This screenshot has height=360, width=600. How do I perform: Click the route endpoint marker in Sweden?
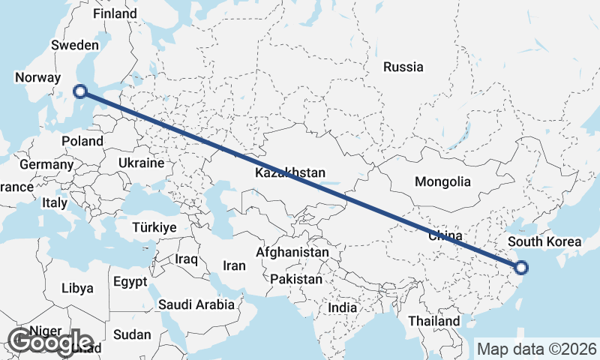pos(80,91)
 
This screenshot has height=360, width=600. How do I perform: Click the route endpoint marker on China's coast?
pos(521,267)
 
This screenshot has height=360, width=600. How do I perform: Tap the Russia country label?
pos(403,67)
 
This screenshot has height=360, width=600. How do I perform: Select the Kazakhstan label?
pos(290,173)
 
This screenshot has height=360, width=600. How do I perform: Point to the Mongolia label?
pos(442,181)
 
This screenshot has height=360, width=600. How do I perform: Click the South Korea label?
pos(544,241)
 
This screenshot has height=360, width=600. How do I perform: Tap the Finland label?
pos(114,13)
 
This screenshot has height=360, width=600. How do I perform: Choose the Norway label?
pos(37,77)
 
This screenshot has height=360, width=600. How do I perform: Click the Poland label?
pos(82,141)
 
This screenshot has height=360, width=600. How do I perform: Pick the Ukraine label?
pos(141,163)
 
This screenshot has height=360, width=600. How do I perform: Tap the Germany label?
pos(46,164)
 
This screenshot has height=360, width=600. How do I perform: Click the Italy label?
pos(54,202)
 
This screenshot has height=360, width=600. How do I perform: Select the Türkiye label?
pos(154,227)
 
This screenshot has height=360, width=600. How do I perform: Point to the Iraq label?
pos(186,259)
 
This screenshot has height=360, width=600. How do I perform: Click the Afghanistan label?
pos(292,253)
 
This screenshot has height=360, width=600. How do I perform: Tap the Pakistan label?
pos(296,279)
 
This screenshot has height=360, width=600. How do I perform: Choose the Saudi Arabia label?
pos(196,304)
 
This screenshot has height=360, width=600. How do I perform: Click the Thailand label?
pos(434,321)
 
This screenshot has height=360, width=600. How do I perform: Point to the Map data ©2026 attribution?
pos(537,349)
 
